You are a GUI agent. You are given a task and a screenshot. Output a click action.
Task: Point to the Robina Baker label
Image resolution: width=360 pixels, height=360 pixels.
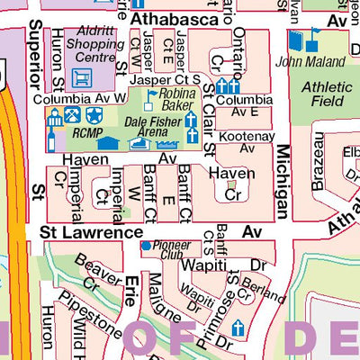[x=178, y=99]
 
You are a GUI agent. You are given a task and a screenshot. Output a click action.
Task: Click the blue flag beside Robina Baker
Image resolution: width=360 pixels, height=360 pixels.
[x=152, y=94]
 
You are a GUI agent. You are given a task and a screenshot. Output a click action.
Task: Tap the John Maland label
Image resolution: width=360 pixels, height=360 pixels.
[x=311, y=62]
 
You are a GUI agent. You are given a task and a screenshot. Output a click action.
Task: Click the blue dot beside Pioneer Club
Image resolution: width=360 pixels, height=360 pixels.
[x=146, y=245]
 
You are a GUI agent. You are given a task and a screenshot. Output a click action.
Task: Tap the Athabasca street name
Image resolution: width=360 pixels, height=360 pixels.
[x=175, y=18]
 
